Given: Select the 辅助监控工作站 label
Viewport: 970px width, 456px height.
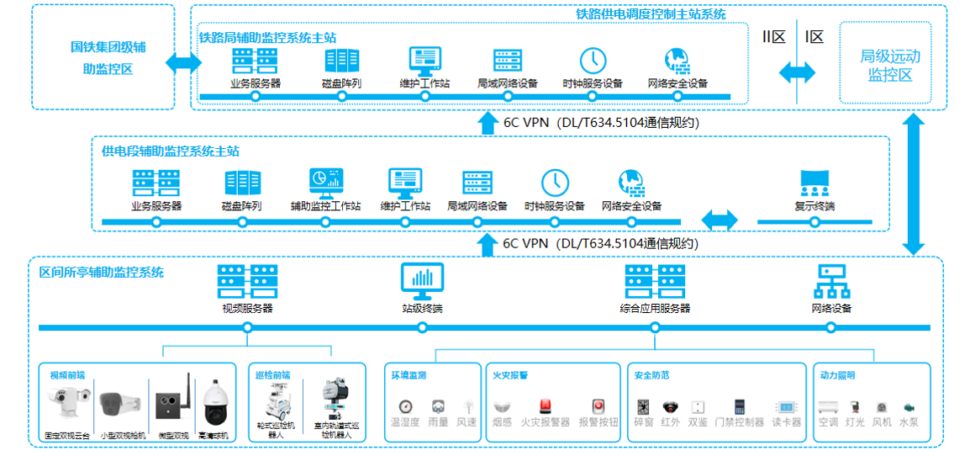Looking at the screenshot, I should coord(325,206).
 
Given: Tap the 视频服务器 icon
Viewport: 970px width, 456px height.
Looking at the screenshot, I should coord(247,280).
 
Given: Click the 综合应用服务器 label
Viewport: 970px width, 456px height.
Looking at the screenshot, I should coord(656,309).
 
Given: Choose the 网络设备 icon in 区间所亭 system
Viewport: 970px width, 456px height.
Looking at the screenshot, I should coord(831,281).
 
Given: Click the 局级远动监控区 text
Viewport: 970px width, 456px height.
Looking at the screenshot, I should coord(890,66).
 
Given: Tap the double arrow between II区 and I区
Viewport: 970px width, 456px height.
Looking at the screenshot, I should coord(797,72).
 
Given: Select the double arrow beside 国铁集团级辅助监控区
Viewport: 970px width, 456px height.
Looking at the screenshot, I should coord(184,63).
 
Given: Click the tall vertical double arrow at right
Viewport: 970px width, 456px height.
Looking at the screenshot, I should coord(914,183).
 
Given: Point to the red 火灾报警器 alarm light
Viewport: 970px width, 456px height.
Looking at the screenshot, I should coord(545,406).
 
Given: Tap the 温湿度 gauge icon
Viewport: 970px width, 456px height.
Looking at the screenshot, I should coord(405,406).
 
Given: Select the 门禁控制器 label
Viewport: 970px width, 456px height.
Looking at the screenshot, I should coord(739,422).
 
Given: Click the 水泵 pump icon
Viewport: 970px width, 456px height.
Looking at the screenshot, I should coord(909,406).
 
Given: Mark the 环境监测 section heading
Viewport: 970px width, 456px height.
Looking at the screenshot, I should coord(409,375).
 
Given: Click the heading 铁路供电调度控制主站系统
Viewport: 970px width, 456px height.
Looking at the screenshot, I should coord(651,14).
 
